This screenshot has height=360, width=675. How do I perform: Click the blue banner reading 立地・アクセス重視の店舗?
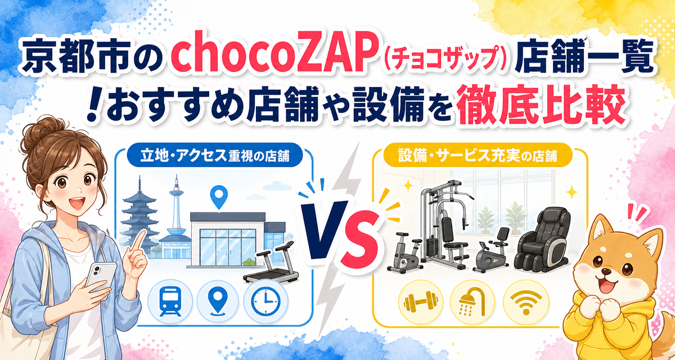215,155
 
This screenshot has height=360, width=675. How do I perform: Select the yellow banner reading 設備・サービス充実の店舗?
478,155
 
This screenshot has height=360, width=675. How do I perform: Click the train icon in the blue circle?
170,301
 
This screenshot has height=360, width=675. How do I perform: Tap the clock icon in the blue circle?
265,301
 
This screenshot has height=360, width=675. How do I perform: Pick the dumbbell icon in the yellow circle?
420,302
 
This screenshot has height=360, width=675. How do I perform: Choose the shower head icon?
472,302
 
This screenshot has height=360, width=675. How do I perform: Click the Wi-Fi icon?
526,302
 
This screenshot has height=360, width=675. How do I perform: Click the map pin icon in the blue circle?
218,301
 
